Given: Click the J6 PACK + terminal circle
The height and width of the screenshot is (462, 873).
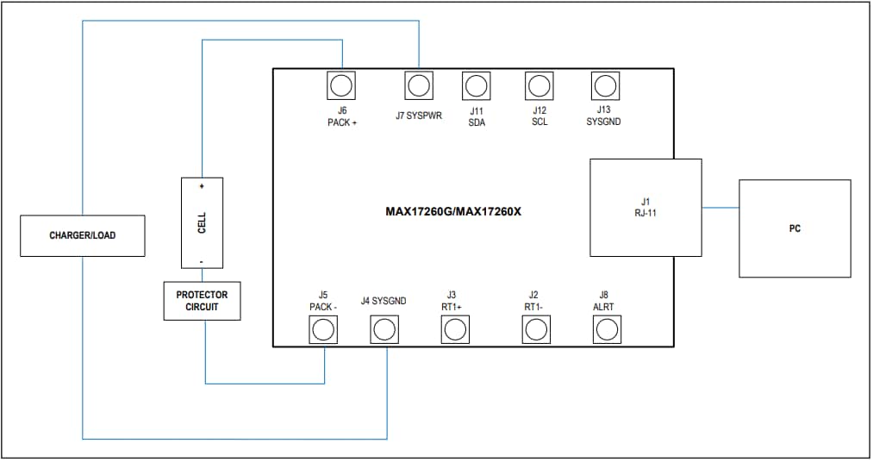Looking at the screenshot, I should (342, 85).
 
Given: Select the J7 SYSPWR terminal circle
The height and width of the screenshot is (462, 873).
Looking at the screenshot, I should (419, 85).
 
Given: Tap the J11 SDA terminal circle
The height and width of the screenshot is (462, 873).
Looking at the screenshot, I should (477, 85).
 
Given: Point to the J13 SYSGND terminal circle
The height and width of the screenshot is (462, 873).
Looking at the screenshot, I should (605, 85).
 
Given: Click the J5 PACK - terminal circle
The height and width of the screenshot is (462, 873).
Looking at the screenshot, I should (323, 329).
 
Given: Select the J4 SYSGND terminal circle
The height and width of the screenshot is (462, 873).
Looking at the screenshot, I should (384, 329).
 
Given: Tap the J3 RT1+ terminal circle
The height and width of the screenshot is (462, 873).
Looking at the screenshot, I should (454, 329).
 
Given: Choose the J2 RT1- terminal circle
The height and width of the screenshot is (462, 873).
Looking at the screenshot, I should (535, 329).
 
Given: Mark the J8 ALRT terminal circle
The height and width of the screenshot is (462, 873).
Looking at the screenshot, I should (607, 329).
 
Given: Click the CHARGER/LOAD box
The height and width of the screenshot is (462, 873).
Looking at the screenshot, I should (83, 235).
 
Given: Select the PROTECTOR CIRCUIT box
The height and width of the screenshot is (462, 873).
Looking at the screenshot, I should (203, 301).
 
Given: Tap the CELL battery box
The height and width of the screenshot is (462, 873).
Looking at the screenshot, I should (202, 222).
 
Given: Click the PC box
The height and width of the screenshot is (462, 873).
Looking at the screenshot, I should (795, 228).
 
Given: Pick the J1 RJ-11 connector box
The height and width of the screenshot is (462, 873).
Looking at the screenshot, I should (645, 207).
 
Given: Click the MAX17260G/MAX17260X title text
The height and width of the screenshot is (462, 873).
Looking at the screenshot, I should (453, 211).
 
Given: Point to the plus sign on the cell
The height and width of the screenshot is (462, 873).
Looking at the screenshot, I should (203, 186).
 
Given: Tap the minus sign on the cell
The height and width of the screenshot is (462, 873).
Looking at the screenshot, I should (203, 259).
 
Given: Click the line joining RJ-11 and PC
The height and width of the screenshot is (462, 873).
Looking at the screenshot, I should (720, 208).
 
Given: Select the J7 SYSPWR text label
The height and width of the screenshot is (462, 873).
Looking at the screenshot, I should (419, 115).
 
